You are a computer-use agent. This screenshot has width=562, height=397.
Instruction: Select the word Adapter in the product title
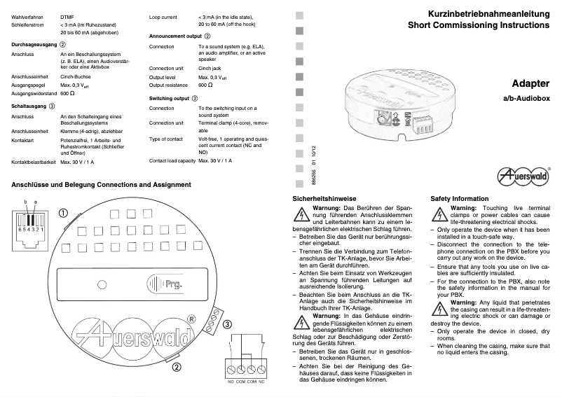point(530,83)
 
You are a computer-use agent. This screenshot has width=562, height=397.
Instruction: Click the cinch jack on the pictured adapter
point(384,117)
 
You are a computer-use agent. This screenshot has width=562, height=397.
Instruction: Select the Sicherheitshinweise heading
point(324,199)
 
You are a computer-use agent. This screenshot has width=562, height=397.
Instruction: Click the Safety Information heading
point(459,199)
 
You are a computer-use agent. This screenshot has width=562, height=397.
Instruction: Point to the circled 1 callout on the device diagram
point(62,213)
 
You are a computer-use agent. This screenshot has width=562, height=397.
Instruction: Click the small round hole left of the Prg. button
point(95,284)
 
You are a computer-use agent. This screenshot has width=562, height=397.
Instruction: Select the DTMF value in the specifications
point(68,15)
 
